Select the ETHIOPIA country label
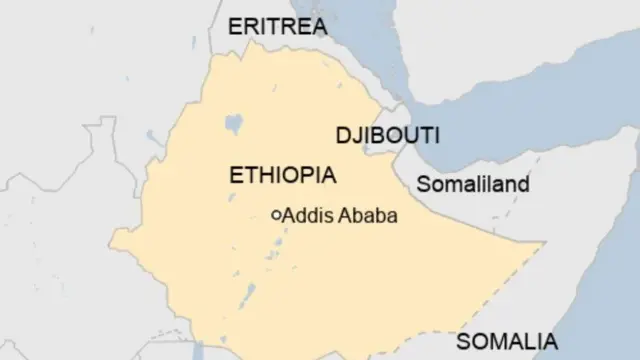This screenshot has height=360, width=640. pos(283,175)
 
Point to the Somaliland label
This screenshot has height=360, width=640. pos(473,184)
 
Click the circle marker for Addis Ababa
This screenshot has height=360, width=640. pos(276,214)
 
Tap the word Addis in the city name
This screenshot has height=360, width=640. pos(304,215)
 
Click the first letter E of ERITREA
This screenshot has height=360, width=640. pos(235,27)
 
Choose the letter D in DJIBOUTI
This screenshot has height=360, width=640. pos(340,135)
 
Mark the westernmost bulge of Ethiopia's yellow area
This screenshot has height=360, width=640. pos(113,240)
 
